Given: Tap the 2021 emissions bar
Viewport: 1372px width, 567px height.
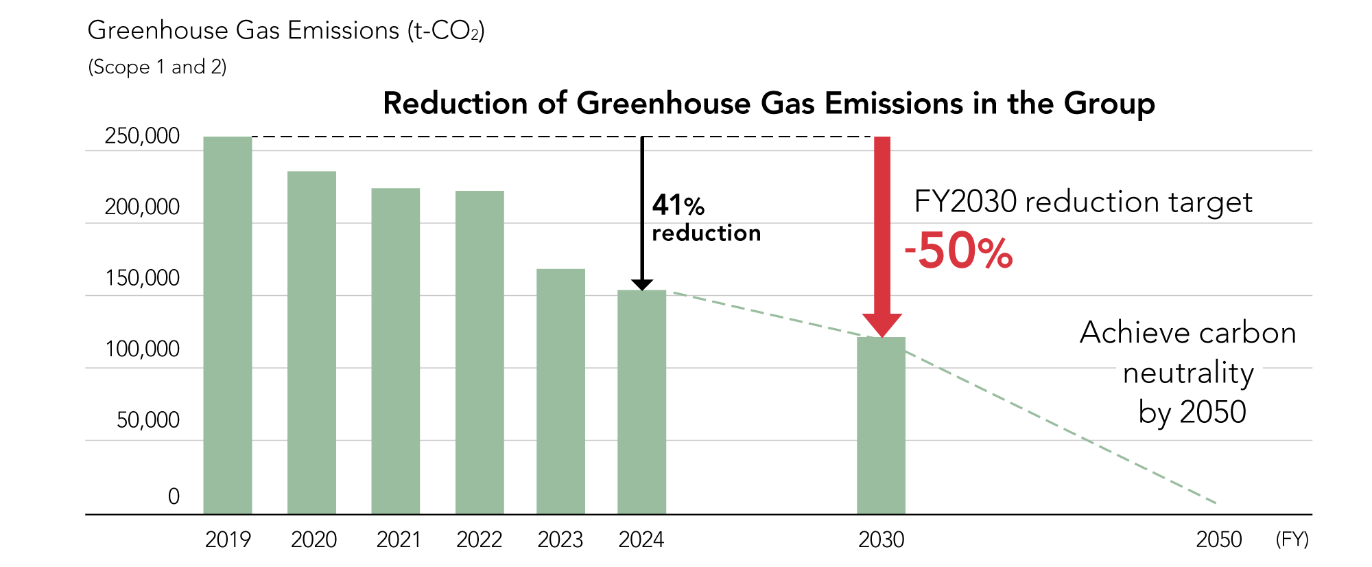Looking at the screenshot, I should tap(396, 351).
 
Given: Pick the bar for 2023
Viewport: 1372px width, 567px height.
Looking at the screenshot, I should tap(560, 391).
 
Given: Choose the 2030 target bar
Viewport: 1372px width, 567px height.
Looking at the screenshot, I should tap(881, 425).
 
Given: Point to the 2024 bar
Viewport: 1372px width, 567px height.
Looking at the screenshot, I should tap(641, 402).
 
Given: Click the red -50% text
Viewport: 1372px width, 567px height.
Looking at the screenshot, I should tap(958, 251).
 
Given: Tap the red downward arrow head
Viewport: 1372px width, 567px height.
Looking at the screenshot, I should tap(882, 325).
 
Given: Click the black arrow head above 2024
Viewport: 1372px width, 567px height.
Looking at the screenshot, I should tap(642, 285).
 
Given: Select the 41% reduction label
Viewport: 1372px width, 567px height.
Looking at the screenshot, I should tap(706, 218).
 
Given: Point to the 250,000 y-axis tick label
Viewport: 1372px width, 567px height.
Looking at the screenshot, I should tap(142, 136).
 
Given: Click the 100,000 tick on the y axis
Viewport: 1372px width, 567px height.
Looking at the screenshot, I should tap(142, 349).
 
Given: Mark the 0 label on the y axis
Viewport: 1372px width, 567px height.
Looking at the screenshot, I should tap(174, 496).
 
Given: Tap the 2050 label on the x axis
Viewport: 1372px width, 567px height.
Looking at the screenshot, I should tap(1218, 540).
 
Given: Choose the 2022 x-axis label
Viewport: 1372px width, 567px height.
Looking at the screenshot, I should tap(479, 540).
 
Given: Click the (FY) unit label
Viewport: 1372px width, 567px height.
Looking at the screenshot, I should tap(1292, 540).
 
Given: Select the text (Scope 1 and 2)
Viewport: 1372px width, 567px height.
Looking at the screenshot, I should tap(157, 67).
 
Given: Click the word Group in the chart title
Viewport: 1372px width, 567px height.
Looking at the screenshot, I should tap(1109, 104).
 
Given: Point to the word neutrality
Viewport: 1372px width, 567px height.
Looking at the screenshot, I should tap(1188, 373).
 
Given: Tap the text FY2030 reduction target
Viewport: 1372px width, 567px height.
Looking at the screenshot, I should tap(1083, 202).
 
